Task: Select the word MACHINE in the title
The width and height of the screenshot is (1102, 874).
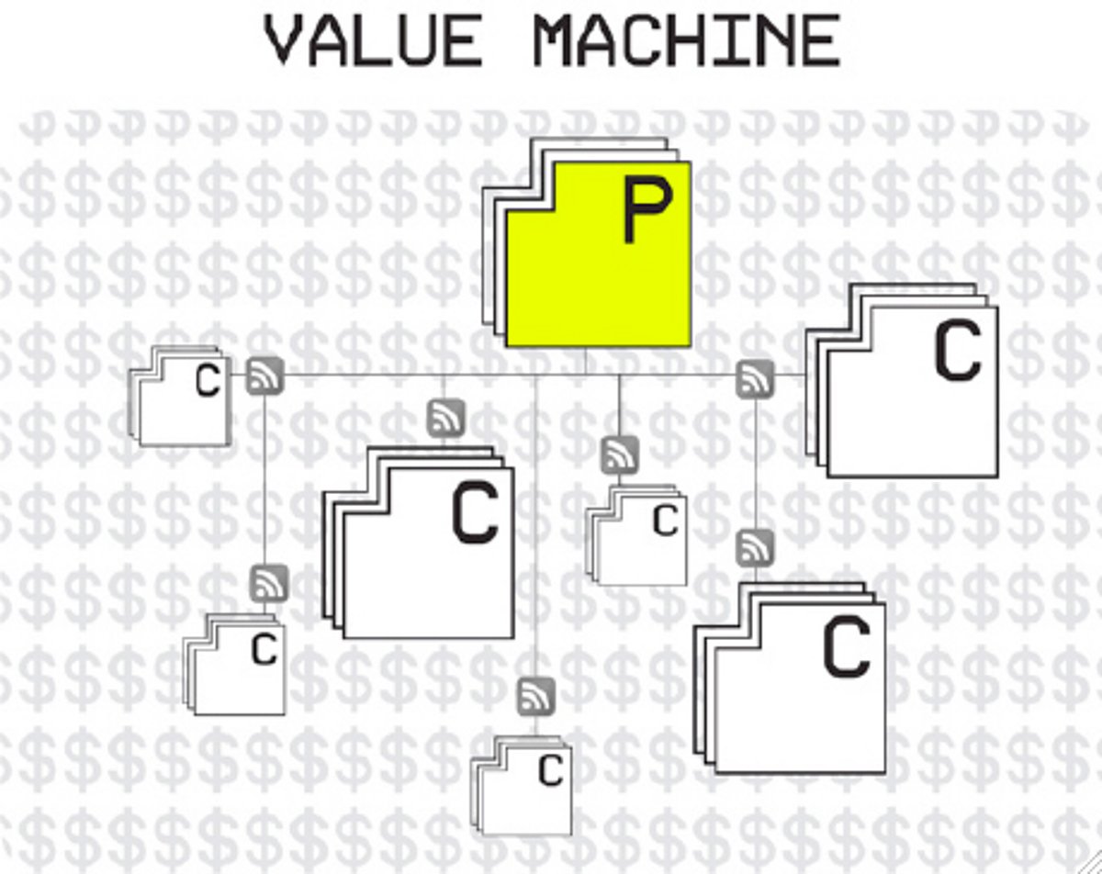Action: click(688, 41)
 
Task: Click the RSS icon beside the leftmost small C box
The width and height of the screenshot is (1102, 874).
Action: click(264, 376)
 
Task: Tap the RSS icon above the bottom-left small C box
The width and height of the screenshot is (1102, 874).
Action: click(269, 582)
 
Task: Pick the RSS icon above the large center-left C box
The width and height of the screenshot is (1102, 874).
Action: click(446, 418)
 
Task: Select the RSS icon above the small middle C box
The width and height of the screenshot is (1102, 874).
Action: click(620, 454)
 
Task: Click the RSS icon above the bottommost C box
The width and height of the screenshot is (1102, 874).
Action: click(536, 696)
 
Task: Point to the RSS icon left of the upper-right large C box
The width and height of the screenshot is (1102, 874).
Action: click(755, 378)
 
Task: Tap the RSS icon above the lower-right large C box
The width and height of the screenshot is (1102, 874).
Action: click(755, 547)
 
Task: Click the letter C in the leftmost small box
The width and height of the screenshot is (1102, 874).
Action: click(208, 382)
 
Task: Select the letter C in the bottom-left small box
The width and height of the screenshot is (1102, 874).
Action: click(264, 649)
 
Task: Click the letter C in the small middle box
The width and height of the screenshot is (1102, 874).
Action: click(665, 521)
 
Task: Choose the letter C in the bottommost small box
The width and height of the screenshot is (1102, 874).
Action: click(550, 771)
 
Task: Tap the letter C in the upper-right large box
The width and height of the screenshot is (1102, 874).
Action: click(957, 353)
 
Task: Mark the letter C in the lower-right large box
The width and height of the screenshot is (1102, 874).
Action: click(846, 648)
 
